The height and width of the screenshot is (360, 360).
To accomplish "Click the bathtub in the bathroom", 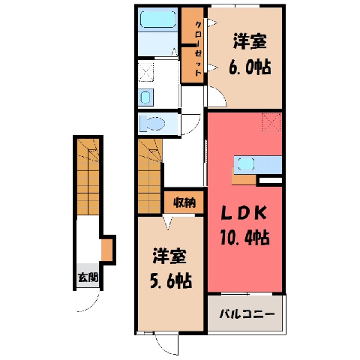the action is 157,19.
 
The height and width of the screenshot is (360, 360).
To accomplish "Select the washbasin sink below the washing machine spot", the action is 145,97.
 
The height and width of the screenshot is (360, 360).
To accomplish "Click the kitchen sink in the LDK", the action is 246,164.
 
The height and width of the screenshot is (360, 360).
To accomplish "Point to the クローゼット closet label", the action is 198,49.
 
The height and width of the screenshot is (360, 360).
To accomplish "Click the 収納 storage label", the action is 184,202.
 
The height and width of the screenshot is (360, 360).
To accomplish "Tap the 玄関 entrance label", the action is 88,277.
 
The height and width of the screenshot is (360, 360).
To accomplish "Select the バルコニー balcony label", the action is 247,313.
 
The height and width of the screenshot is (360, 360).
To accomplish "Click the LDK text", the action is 244,214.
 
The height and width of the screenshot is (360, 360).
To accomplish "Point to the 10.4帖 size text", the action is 244,238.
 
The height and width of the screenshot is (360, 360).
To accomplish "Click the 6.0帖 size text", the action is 250,67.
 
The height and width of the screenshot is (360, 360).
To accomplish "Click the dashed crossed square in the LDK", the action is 271,122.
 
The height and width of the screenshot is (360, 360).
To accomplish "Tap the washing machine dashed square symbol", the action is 145,72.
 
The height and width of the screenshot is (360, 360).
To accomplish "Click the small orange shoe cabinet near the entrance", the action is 106,250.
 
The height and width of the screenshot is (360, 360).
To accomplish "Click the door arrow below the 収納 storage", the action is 167,222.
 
